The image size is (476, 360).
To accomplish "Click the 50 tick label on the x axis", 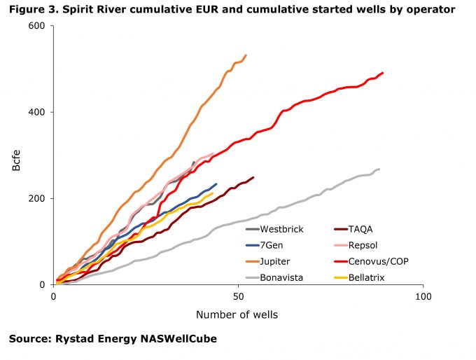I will click(238, 297).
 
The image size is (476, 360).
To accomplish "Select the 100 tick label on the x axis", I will click(423, 297).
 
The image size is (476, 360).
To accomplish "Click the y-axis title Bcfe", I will click(16, 155).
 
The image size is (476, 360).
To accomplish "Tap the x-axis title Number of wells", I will click(237, 314).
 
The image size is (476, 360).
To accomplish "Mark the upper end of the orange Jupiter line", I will click(246, 55).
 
